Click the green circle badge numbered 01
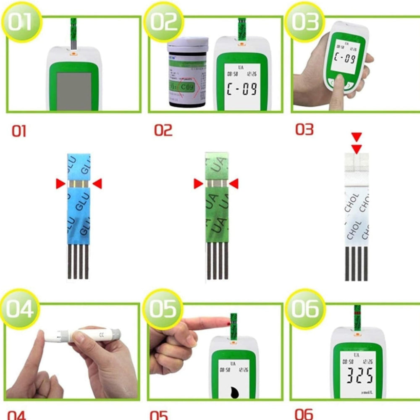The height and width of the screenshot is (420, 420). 20,21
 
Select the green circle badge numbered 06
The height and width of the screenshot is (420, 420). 305,310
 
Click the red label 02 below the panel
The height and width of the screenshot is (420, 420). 163,130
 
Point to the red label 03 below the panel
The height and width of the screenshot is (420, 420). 304,129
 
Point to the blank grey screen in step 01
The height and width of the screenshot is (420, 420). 74,90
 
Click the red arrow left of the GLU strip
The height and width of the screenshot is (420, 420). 60,183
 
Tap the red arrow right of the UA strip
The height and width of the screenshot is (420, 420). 234,184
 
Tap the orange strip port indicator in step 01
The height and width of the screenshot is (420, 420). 73,53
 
